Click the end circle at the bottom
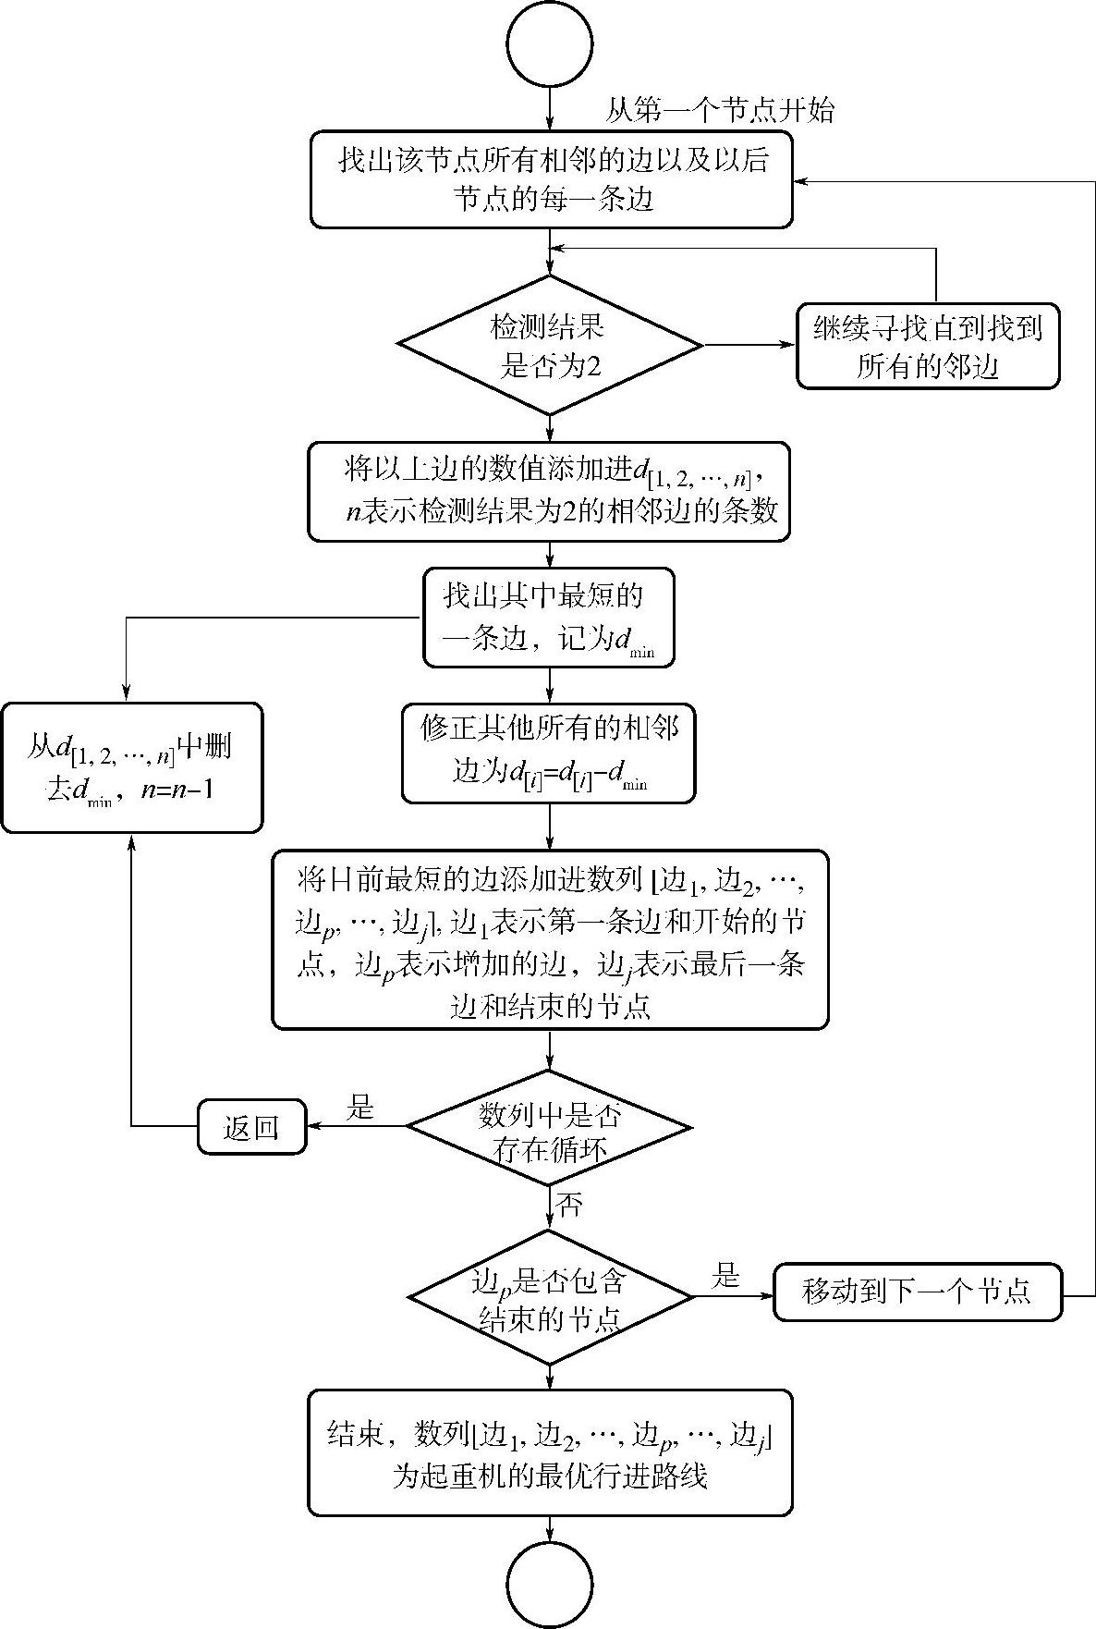(x=549, y=1584)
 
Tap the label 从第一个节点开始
(x=719, y=112)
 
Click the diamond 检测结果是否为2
(x=550, y=345)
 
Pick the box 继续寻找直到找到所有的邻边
(x=927, y=347)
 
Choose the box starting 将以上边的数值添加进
(x=550, y=491)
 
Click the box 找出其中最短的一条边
(x=549, y=618)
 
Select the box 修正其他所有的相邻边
(x=549, y=753)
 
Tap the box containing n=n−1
(x=131, y=767)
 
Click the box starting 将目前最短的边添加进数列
(x=550, y=939)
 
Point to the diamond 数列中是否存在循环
(x=549, y=1127)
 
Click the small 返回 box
(x=251, y=1127)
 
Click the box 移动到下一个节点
(x=918, y=1292)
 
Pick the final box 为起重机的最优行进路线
(x=550, y=1453)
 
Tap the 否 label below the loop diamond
(x=570, y=1206)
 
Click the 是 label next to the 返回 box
(x=359, y=1108)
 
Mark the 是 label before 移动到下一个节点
(x=725, y=1277)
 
